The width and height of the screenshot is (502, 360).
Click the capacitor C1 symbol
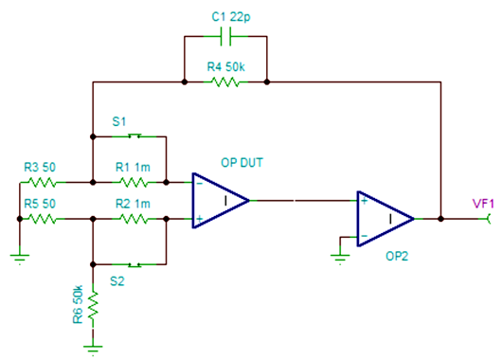click(x=225, y=38)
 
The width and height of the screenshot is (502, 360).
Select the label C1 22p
click(x=224, y=16)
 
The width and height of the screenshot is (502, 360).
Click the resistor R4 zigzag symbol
click(x=224, y=82)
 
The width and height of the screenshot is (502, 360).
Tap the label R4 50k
click(x=224, y=67)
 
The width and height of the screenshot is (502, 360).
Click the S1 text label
click(x=119, y=121)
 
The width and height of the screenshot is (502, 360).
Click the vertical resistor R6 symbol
click(x=93, y=306)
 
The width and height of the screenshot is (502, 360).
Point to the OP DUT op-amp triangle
click(x=218, y=200)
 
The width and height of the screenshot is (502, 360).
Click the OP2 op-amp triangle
click(x=384, y=218)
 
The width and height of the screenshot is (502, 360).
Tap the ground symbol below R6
click(x=93, y=347)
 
